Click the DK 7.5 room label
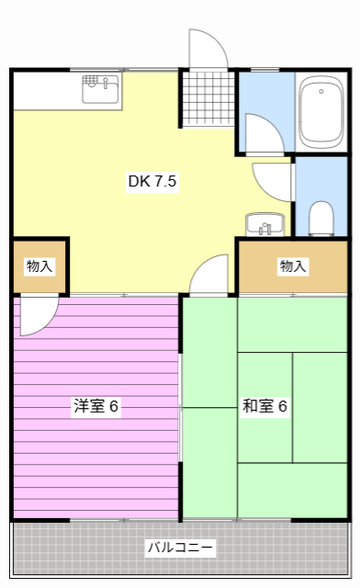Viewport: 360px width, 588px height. point(152,182)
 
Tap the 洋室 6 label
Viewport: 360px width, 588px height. point(96,405)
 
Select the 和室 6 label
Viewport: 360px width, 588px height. point(265,405)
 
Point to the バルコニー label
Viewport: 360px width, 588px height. point(180,548)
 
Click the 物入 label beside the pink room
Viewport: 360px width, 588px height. point(39,266)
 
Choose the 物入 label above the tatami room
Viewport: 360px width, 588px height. point(293,266)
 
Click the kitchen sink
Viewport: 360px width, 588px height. point(101,90)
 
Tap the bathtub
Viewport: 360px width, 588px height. point(321,111)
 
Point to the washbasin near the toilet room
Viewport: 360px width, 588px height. point(265,224)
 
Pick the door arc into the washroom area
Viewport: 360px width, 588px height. point(261,133)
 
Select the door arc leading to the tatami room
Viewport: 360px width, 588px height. point(211,275)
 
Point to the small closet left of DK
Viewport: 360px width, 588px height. point(39,266)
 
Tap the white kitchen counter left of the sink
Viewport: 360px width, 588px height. point(46,90)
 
